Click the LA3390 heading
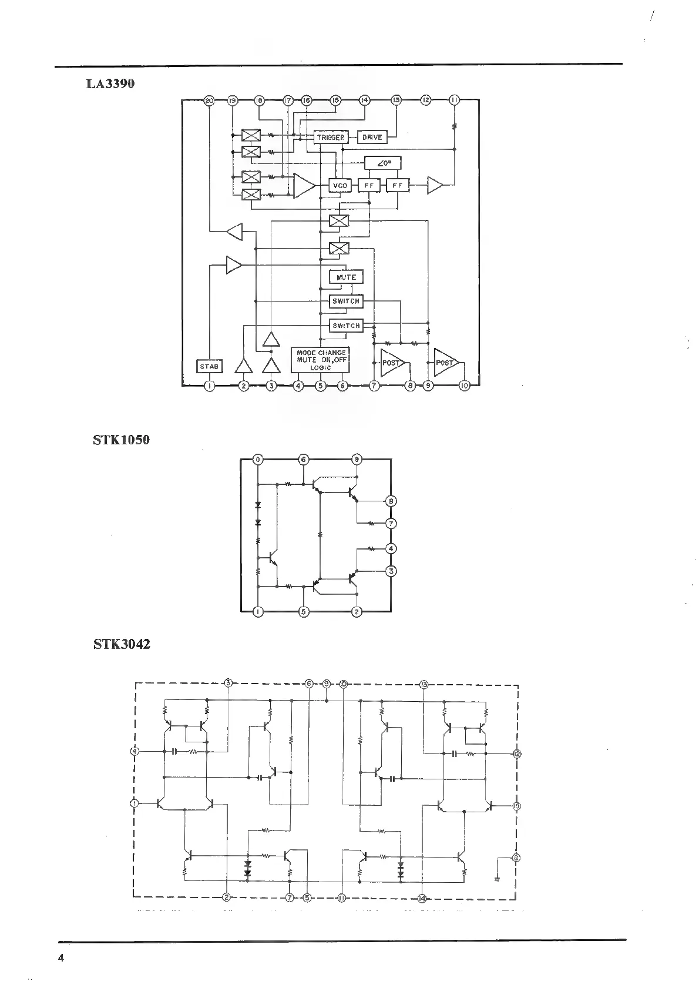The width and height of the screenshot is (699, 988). pyautogui.click(x=110, y=83)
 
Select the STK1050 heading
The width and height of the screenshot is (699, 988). pyautogui.click(x=121, y=440)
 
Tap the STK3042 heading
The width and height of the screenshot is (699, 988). pyautogui.click(x=122, y=644)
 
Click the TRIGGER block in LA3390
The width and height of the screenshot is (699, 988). pyautogui.click(x=331, y=137)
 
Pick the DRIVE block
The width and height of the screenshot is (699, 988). pyautogui.click(x=372, y=137)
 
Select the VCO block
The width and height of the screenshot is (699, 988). pyautogui.click(x=340, y=186)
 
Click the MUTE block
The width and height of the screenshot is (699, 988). pyautogui.click(x=346, y=277)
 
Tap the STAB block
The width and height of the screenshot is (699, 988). pyautogui.click(x=209, y=366)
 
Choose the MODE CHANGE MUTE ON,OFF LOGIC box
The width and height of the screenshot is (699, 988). pyautogui.click(x=321, y=360)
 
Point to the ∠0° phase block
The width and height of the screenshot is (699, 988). pyautogui.click(x=383, y=163)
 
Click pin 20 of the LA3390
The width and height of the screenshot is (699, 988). pyautogui.click(x=209, y=101)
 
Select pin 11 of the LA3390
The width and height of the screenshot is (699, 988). pyautogui.click(x=455, y=101)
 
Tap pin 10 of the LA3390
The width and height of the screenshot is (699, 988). pyautogui.click(x=464, y=386)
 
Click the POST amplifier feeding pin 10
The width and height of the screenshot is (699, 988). pyautogui.click(x=446, y=363)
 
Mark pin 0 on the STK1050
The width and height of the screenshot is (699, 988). pyautogui.click(x=258, y=460)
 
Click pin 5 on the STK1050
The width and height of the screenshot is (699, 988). pyautogui.click(x=303, y=612)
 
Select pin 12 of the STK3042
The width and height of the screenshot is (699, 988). pyautogui.click(x=516, y=753)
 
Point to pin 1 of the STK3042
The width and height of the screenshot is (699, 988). pyautogui.click(x=135, y=803)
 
